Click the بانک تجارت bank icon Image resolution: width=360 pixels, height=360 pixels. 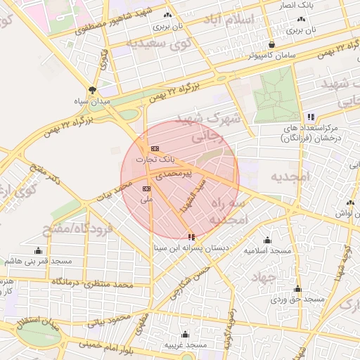(155, 148)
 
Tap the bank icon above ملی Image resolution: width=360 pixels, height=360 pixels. (146, 188)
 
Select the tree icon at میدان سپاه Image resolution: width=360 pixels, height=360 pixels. (92, 89)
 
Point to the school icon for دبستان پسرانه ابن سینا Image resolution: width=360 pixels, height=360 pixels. (192, 237)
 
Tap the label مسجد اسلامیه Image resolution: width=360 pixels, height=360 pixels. (267, 250)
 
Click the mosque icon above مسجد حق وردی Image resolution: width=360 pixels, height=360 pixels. (297, 288)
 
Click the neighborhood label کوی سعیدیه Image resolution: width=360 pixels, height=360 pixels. (161, 43)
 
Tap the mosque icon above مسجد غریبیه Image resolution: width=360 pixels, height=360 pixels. (185, 334)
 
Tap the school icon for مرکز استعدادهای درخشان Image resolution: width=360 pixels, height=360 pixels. (310, 117)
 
